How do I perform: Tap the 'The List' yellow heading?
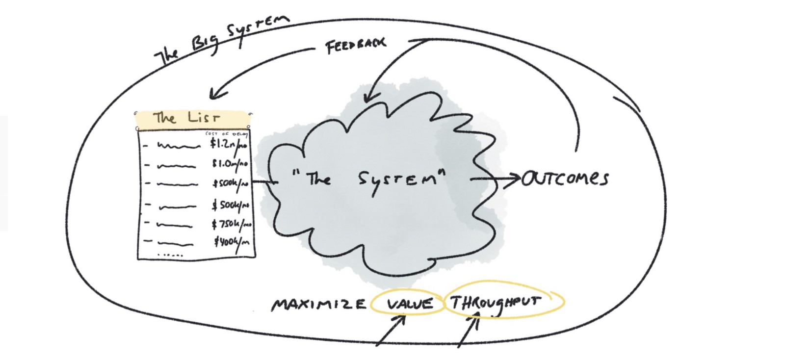coord(186,118)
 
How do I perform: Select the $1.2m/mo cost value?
coord(229,145)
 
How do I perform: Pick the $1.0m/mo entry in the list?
coord(230,164)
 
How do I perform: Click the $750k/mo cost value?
coord(232,224)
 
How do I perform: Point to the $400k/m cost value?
coord(232,242)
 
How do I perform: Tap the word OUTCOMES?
coord(565,179)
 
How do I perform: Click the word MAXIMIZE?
coord(319,305)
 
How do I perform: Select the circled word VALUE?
coord(410,304)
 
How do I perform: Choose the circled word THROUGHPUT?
coord(496,302)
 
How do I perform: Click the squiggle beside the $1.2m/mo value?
coord(179,146)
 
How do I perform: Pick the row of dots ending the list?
coord(170,255)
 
